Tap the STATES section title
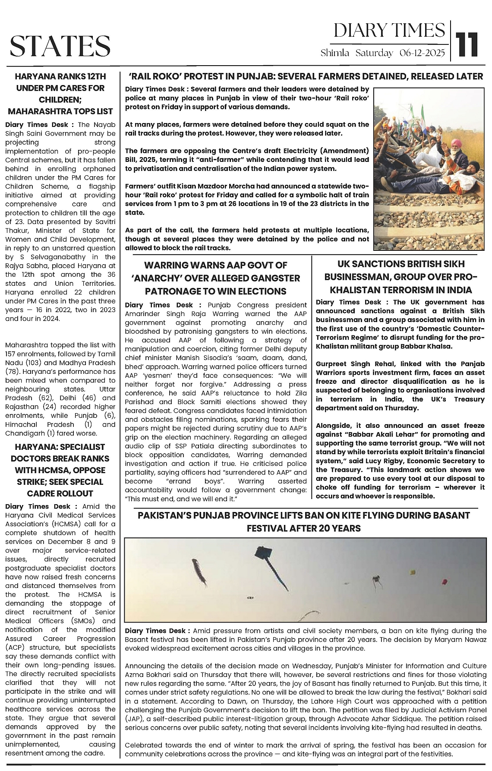point(60,45)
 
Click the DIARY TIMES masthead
point(389,31)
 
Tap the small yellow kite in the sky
point(412,572)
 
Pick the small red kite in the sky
point(444,582)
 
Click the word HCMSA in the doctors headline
point(47,470)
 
